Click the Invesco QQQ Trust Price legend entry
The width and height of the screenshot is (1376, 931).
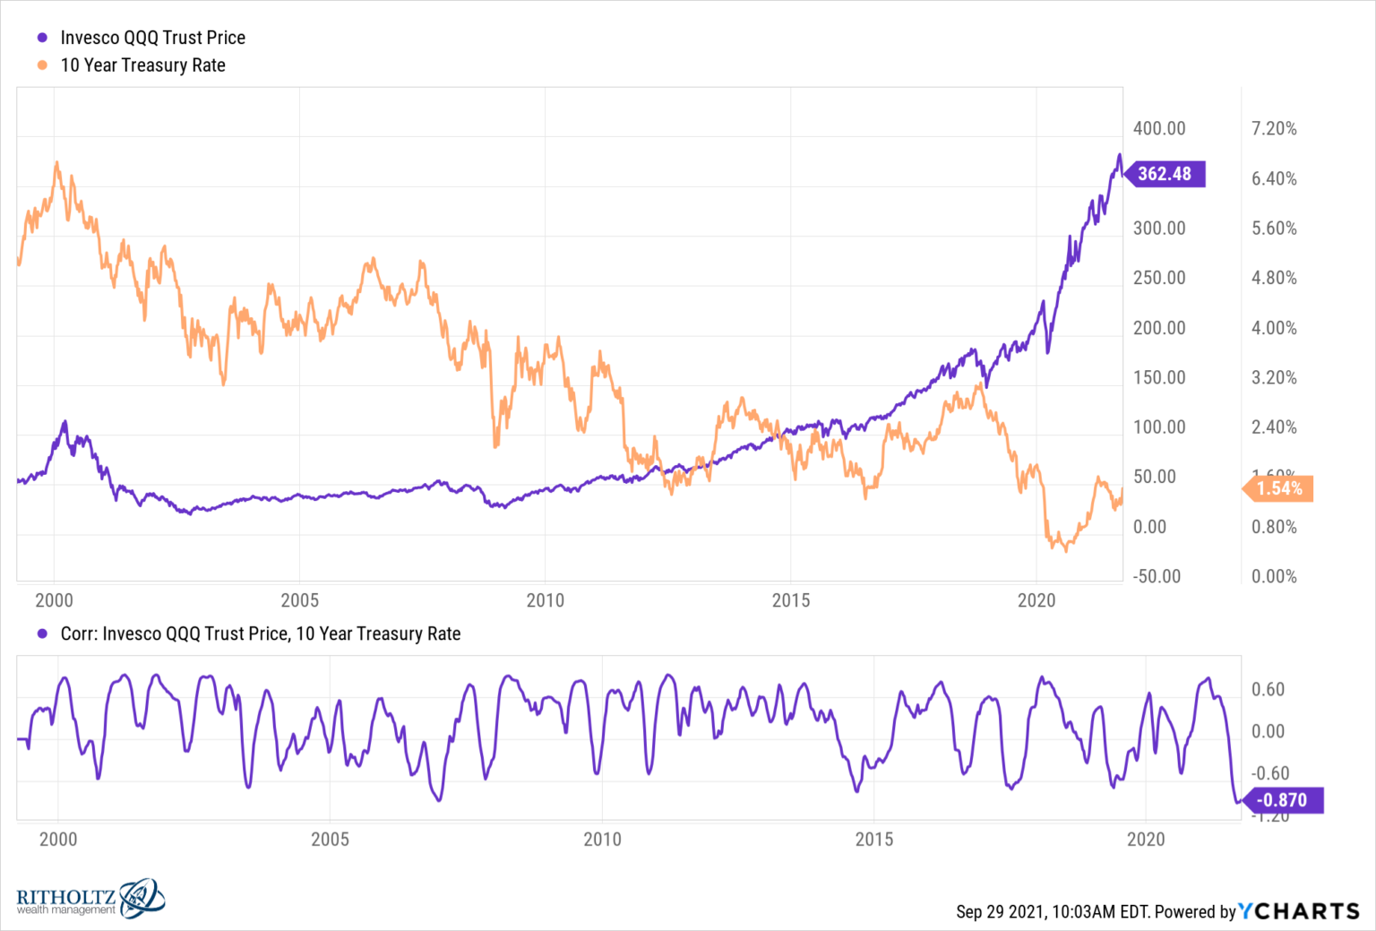point(152,38)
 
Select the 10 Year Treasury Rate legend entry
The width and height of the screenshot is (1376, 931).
point(142,65)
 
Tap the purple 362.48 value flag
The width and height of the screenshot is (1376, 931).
point(1165,174)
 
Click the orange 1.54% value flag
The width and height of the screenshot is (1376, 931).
point(1279,488)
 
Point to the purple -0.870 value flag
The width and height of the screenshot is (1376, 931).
point(1282,800)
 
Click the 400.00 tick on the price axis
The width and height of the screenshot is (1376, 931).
point(1158,128)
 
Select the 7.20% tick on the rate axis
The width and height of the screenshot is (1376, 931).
point(1274,128)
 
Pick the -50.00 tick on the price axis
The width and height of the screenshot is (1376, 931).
point(1157,576)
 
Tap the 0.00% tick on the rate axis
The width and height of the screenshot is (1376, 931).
point(1274,576)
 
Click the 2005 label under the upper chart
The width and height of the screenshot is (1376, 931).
point(299,600)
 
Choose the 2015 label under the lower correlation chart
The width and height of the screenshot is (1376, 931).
point(873,840)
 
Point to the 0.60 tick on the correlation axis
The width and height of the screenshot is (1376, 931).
point(1268,689)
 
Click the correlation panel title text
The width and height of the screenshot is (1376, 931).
point(260,634)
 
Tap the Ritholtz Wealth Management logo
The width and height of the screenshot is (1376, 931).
point(90,899)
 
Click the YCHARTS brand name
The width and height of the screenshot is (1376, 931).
point(1299,911)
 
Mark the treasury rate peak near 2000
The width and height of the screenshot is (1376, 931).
point(57,163)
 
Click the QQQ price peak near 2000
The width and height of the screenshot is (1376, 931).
point(64,421)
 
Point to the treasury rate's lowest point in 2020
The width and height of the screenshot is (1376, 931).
point(1066,550)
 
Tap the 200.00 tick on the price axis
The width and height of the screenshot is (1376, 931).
point(1158,328)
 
